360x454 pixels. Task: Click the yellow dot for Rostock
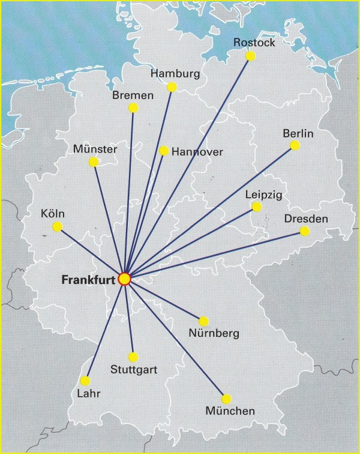(251, 56)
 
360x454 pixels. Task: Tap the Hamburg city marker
(172, 87)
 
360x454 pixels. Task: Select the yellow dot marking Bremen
(133, 108)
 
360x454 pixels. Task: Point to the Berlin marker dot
(295, 145)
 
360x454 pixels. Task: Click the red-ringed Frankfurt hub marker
(124, 279)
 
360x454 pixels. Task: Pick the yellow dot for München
(226, 399)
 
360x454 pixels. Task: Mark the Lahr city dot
(85, 381)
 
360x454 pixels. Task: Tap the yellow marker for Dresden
(305, 231)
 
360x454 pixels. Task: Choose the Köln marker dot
(58, 226)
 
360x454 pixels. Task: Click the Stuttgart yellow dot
(133, 357)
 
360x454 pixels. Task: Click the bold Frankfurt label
(88, 280)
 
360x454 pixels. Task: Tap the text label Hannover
(197, 153)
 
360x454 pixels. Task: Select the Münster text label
(95, 149)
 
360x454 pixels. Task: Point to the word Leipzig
(263, 195)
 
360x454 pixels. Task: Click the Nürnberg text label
(213, 333)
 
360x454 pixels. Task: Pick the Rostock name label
(254, 43)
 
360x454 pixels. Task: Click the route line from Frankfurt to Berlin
(209, 212)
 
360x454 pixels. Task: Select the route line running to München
(175, 339)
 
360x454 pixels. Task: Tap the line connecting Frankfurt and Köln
(91, 252)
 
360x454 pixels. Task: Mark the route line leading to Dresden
(214, 255)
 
